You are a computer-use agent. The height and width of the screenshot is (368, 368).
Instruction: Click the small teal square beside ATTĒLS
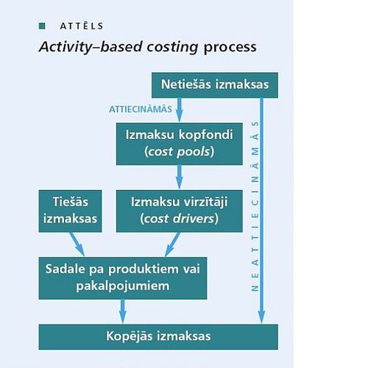pos(42,26)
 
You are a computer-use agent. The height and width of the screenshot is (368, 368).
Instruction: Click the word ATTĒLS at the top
pos(82,26)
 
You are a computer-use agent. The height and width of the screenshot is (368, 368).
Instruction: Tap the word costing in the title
pos(172,47)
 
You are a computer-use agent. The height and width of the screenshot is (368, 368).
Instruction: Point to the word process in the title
pos(230,47)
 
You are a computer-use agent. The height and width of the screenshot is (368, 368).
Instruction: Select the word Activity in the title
pos(66,47)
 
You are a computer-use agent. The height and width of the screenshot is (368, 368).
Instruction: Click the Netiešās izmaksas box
pos(215,85)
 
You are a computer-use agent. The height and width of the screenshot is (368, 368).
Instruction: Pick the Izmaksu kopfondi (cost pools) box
pos(180,144)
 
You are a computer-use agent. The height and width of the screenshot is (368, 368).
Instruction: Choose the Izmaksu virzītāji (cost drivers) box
pos(180,211)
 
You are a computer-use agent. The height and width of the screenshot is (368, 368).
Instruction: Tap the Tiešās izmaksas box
pos(70,211)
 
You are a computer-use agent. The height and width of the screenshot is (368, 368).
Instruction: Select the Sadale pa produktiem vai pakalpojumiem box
pos(123,278)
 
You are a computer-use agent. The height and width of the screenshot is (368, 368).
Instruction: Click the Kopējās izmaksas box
pos(158,337)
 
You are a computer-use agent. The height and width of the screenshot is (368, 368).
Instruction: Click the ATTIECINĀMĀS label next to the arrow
pos(141,110)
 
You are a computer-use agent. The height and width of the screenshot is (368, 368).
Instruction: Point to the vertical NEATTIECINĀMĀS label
pos(255,206)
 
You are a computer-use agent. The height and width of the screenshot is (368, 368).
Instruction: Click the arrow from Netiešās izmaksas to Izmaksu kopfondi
pos(180,110)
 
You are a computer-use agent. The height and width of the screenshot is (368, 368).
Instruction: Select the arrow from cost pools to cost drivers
pos(180,177)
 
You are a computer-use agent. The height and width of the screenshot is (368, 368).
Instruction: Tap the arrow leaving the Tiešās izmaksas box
pos(77,244)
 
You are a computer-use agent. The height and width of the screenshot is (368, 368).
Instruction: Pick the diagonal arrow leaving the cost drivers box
pos(172,244)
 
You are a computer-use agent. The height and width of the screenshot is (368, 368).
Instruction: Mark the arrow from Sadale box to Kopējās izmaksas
pos(123,311)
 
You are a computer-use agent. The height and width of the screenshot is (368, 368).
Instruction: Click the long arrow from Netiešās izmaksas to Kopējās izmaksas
pos(262,210)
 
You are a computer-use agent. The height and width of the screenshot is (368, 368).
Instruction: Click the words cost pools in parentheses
pos(180,152)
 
